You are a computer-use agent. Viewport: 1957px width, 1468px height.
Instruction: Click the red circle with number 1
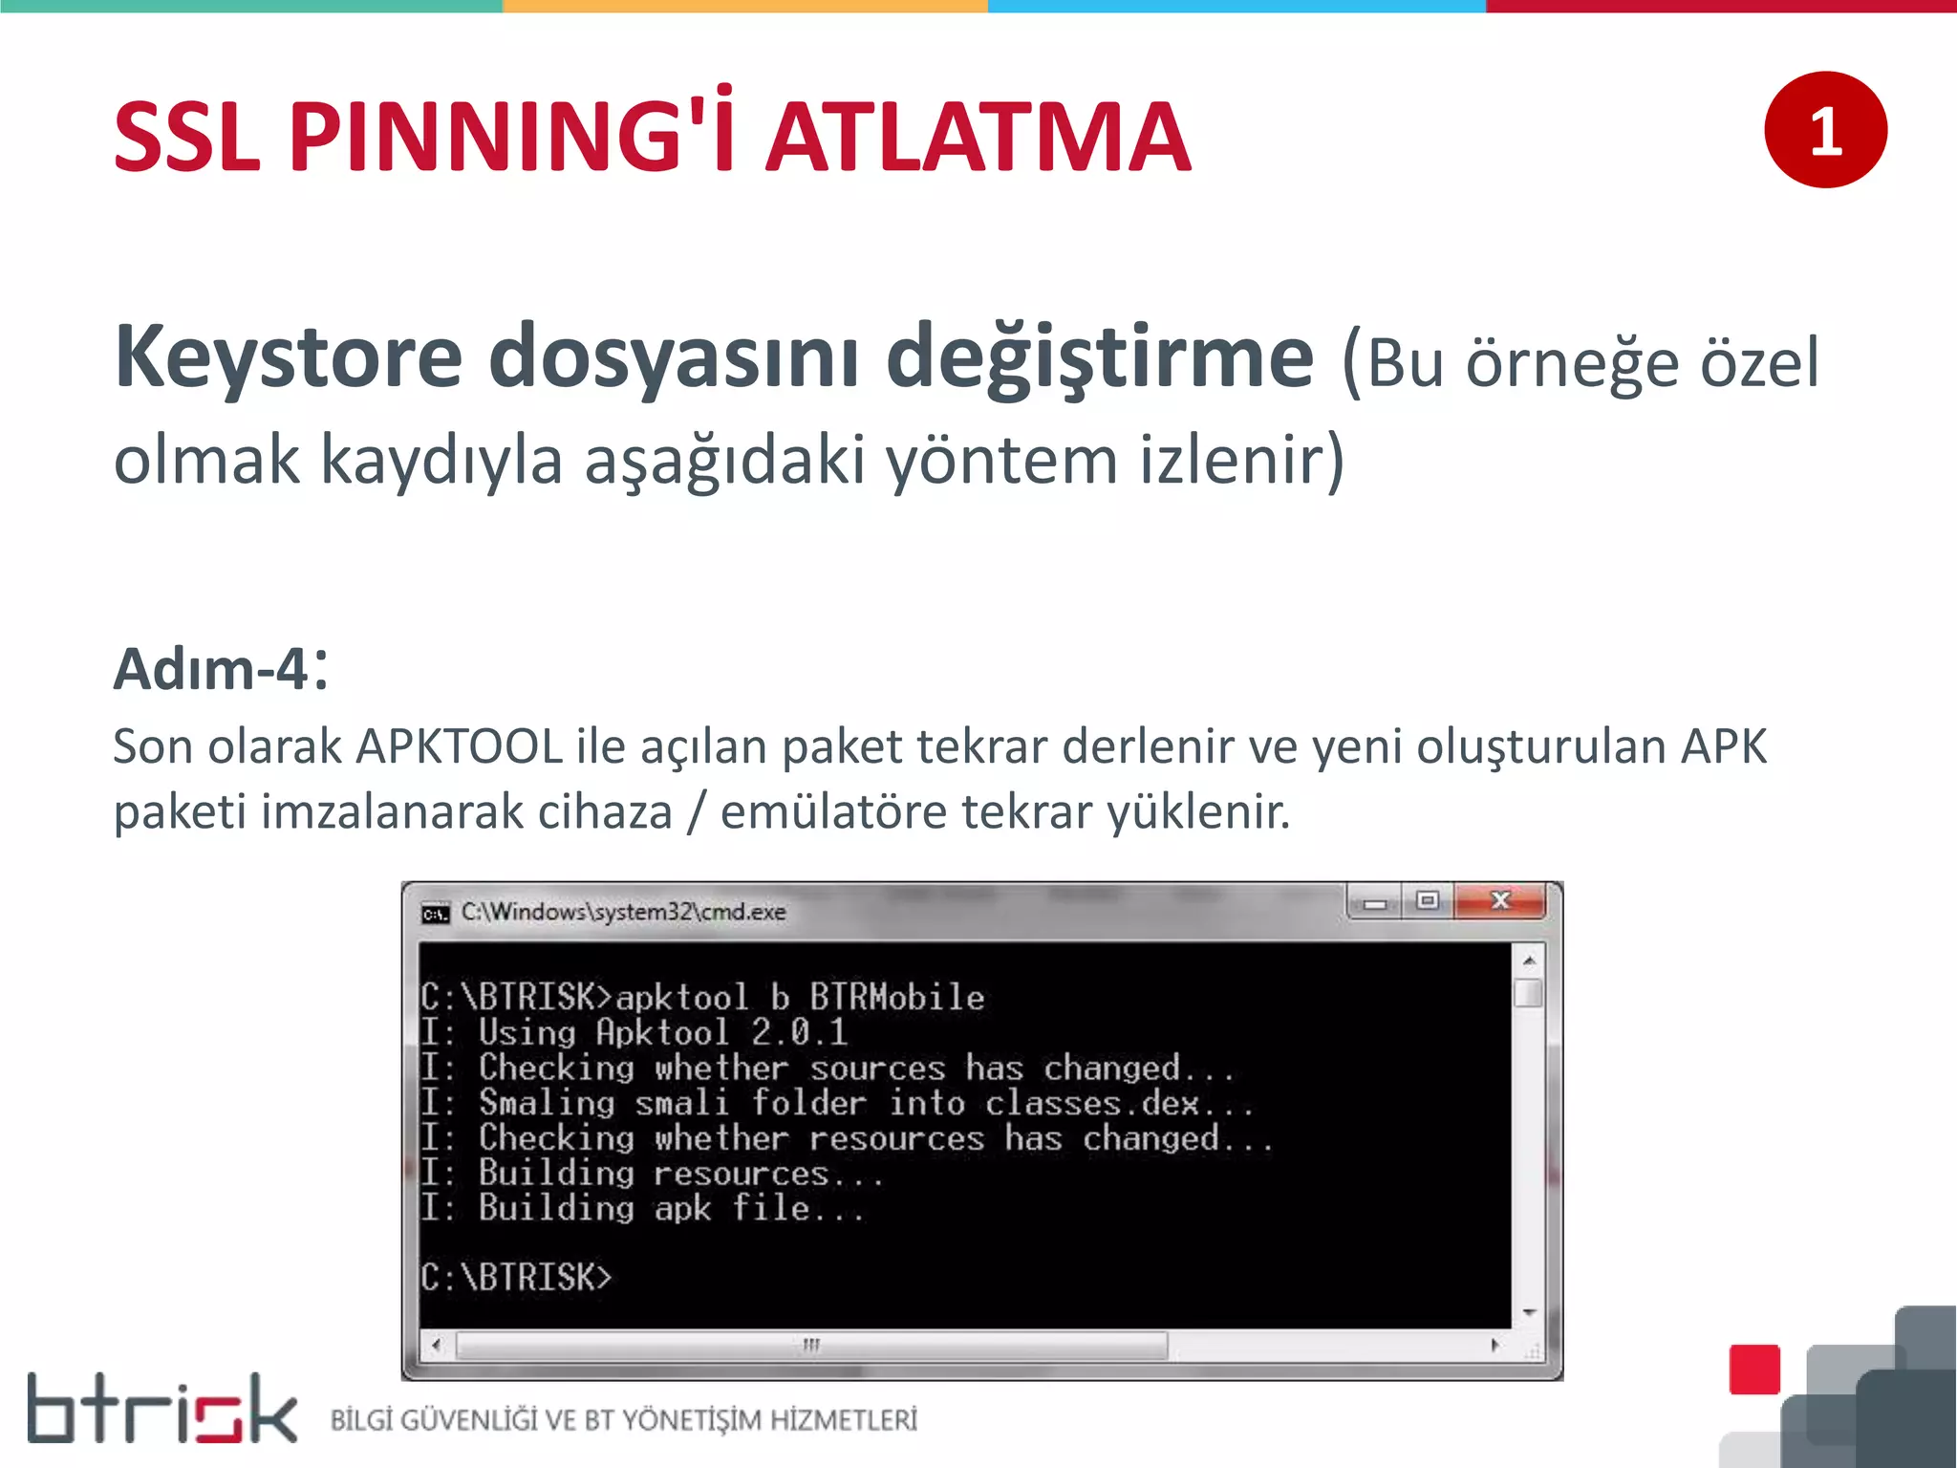[1825, 130]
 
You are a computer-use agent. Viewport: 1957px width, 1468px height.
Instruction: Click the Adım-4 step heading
[212, 668]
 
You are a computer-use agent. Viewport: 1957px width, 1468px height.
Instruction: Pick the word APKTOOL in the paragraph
[459, 746]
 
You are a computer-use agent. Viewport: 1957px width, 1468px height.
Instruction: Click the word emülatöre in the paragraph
[834, 811]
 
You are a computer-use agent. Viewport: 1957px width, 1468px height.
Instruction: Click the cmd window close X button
[1500, 901]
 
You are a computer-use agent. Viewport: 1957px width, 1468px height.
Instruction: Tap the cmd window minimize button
[1375, 902]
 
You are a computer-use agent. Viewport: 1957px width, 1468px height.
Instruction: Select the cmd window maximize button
[1428, 901]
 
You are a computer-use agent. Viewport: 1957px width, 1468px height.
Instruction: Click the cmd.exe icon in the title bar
[435, 914]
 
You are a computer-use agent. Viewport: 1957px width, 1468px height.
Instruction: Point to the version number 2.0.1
[799, 1032]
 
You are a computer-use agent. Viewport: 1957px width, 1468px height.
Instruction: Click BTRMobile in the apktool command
[896, 998]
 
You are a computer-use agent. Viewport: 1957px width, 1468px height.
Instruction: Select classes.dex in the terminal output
[1091, 1103]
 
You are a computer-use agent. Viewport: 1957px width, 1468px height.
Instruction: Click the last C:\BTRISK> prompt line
[516, 1277]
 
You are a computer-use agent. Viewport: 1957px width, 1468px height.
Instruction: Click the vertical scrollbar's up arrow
[1529, 960]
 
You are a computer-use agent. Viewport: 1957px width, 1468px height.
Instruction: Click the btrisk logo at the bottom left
[161, 1409]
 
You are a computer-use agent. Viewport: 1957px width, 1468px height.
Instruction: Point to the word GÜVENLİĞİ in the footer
[468, 1420]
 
